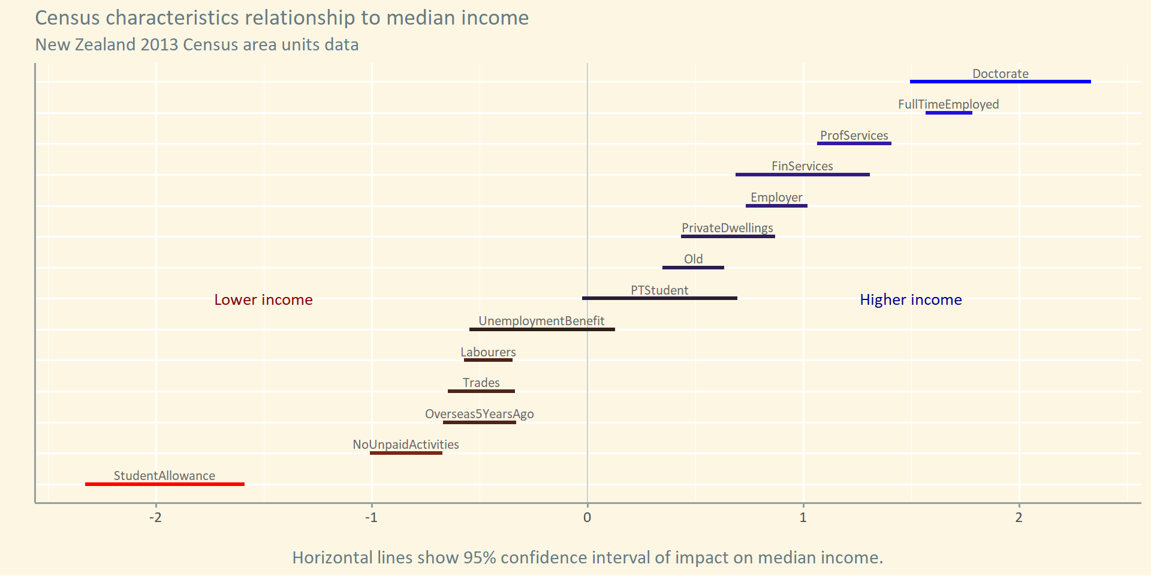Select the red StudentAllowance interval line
[x=165, y=484]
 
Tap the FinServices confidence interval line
[x=802, y=175]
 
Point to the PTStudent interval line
[x=659, y=298]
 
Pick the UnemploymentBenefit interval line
[x=542, y=329]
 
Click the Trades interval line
[x=481, y=391]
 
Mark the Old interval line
[x=693, y=268]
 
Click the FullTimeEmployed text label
[x=948, y=104]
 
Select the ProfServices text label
[x=854, y=136]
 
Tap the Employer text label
[x=776, y=197]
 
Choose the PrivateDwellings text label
[x=727, y=228]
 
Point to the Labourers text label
[x=488, y=352]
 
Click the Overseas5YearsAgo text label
[x=480, y=414]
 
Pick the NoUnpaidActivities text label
[x=406, y=445]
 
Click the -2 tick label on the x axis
[x=156, y=518]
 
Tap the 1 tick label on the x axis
[x=803, y=518]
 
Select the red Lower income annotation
[x=263, y=300]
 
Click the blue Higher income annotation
[x=911, y=300]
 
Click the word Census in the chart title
[x=67, y=18]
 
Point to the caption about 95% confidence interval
[x=587, y=557]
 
